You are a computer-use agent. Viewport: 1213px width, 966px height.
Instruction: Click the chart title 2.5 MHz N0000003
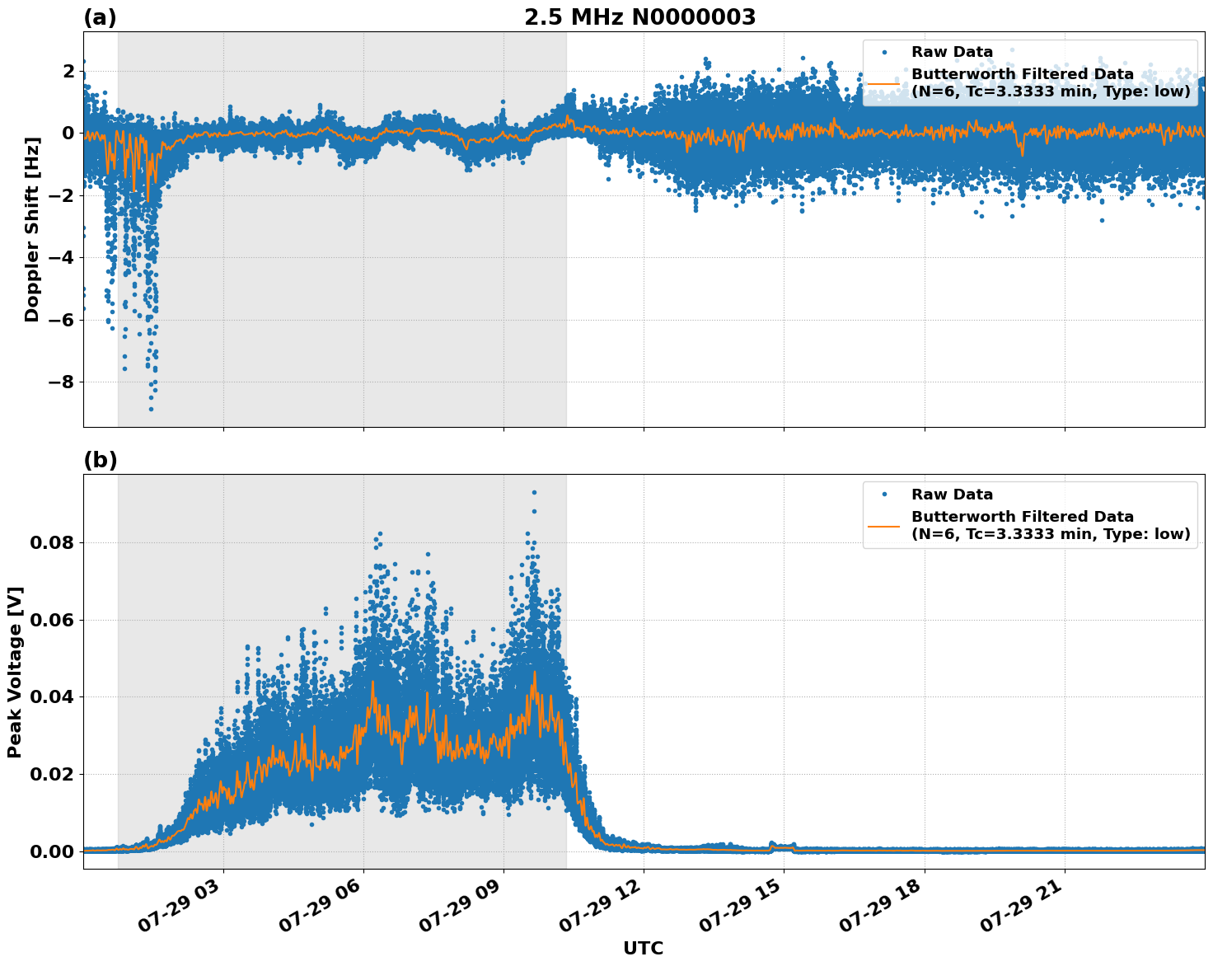tap(639, 17)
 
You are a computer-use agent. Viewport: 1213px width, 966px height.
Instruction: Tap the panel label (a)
tap(100, 17)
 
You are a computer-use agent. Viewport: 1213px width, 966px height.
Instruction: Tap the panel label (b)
tap(100, 460)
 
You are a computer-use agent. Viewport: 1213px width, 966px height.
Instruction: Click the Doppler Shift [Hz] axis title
tap(32, 230)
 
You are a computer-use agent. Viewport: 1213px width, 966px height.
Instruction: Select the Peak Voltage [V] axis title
tap(15, 672)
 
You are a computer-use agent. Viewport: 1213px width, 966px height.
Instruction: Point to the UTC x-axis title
tap(643, 948)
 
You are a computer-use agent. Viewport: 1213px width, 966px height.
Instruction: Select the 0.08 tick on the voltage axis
tap(53, 542)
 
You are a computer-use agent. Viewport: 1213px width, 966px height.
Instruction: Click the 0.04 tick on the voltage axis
tap(53, 696)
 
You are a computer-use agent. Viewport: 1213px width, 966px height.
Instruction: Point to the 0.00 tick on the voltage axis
tap(53, 851)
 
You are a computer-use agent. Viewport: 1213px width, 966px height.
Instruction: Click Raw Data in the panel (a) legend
tap(952, 52)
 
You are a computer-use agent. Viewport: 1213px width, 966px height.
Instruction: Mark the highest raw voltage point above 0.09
tap(534, 492)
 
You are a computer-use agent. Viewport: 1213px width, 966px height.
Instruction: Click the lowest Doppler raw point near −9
tap(151, 409)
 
